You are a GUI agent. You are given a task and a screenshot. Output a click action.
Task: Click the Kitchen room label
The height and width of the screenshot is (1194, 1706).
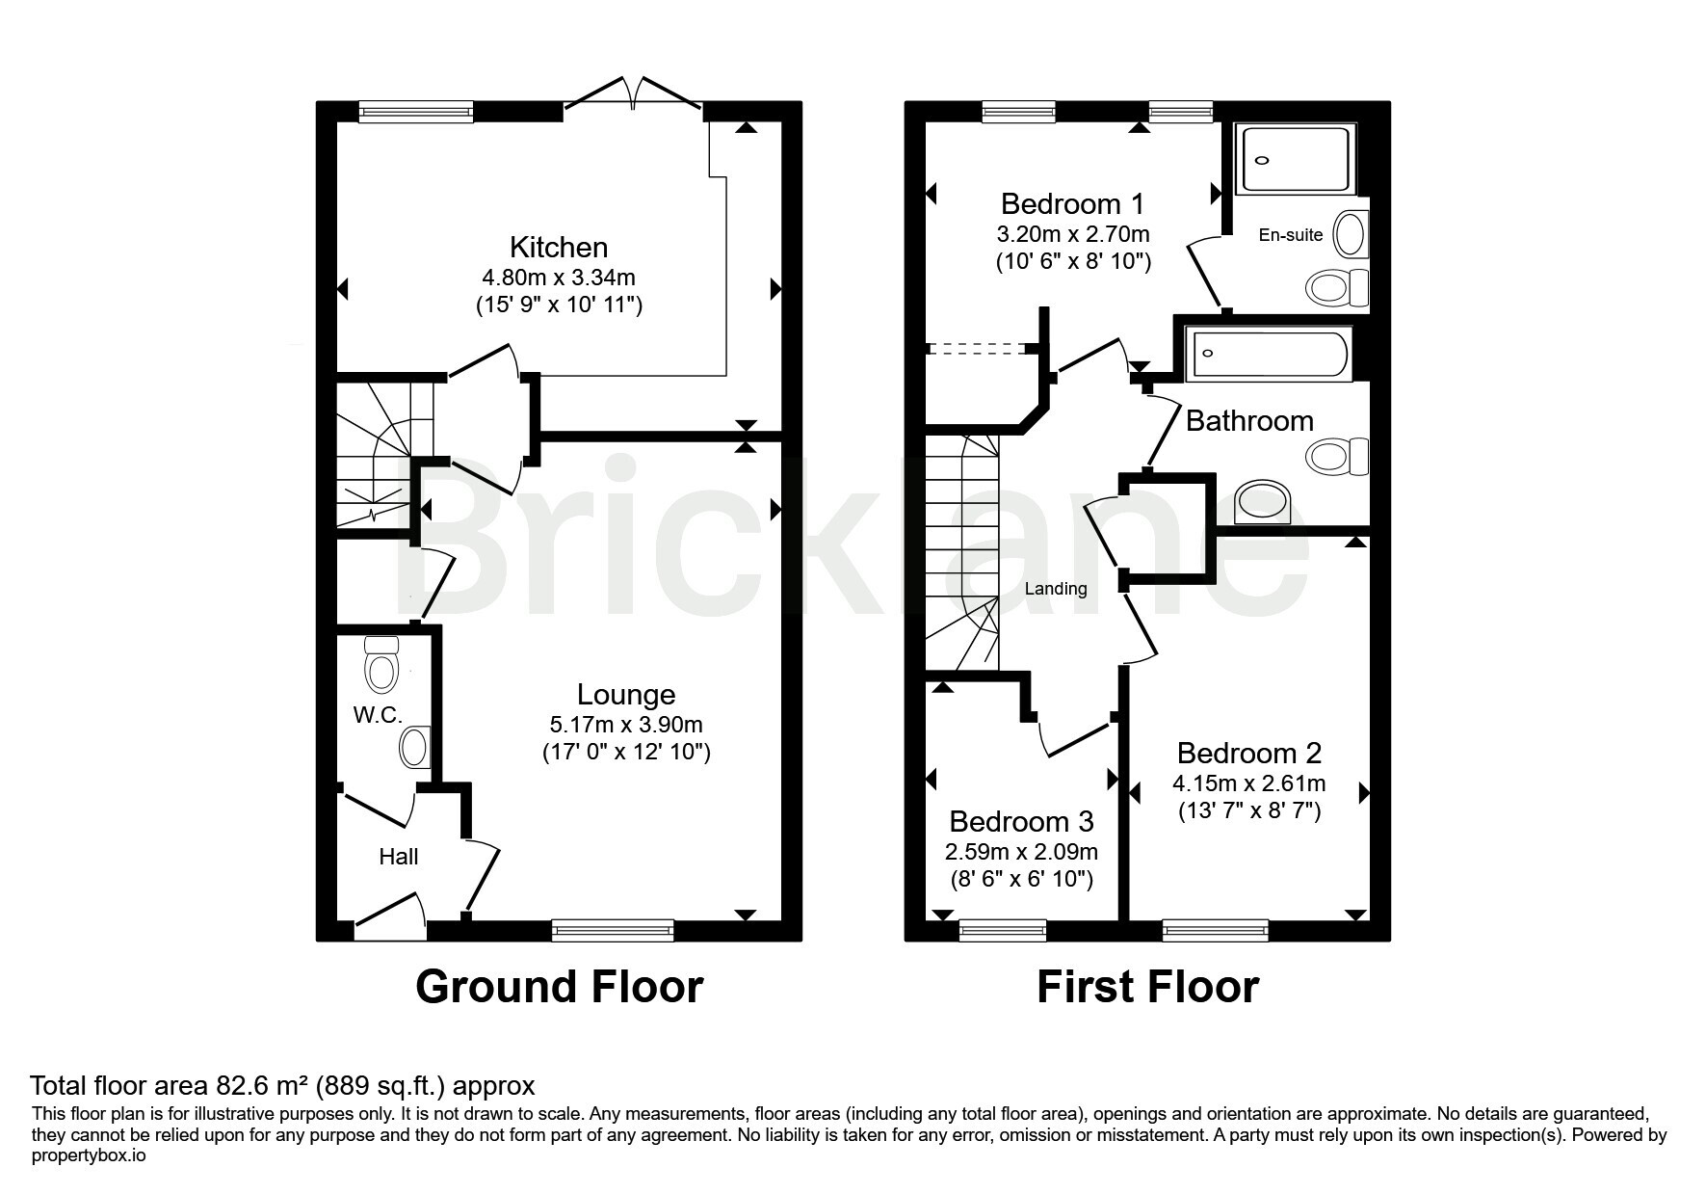point(559,248)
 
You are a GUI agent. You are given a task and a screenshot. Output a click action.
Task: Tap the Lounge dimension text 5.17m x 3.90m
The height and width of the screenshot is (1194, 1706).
point(626,724)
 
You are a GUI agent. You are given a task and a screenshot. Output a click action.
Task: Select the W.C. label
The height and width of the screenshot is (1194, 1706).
point(378,714)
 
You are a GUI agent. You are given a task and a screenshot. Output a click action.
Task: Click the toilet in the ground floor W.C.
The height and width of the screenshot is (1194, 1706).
point(382,663)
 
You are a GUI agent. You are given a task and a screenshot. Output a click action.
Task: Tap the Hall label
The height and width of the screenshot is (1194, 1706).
point(399,856)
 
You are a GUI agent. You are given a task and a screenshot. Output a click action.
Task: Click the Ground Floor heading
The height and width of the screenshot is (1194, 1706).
point(559,987)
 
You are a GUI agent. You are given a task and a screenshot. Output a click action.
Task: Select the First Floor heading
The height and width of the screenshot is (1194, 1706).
point(1147,987)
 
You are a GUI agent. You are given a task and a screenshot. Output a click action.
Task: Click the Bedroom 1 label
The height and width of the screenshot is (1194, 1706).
point(1073,204)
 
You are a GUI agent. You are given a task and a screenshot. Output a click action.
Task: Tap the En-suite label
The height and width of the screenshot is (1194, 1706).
point(1291,234)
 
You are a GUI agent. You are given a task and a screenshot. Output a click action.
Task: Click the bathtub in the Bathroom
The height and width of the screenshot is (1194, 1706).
point(1270,354)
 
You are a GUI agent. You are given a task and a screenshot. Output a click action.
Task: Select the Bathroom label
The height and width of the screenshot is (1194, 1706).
point(1249,421)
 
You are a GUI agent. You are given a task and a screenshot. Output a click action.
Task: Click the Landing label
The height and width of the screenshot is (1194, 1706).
point(1056,589)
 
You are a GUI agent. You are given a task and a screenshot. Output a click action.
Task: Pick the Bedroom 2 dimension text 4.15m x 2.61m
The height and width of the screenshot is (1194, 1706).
point(1249,783)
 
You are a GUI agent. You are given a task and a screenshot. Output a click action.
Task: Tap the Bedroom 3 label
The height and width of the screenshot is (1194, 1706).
point(1021,822)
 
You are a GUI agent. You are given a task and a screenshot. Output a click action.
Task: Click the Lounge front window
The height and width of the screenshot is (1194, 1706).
point(613,930)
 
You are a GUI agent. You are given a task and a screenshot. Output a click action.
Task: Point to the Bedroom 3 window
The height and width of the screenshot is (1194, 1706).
point(1003,930)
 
